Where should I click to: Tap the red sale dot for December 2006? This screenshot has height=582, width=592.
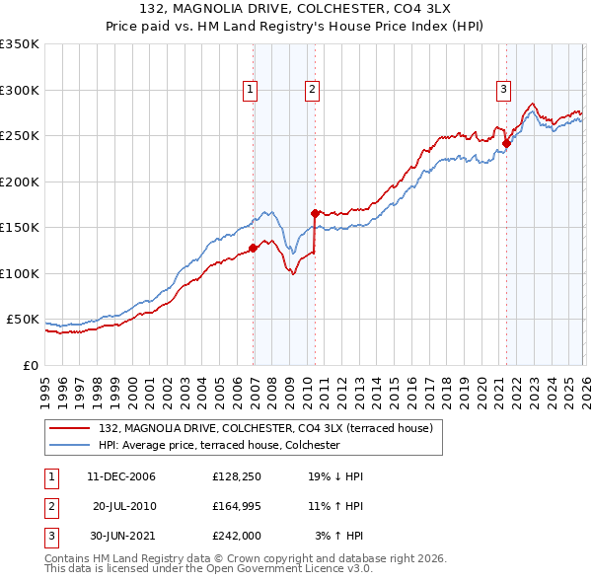[254, 248]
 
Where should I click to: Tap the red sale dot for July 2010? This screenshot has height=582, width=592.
[315, 213]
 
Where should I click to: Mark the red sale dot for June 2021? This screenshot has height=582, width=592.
[506, 143]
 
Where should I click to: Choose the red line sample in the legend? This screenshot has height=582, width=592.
[72, 428]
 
